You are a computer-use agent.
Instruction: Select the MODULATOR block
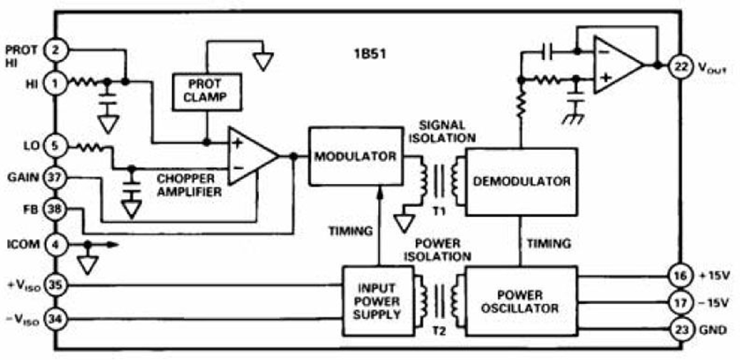354,156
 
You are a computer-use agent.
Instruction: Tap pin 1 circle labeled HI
56,82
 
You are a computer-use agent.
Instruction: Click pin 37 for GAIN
56,177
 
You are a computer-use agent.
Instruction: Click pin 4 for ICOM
56,243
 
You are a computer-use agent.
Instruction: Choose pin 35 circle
56,285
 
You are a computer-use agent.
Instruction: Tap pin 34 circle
56,316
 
